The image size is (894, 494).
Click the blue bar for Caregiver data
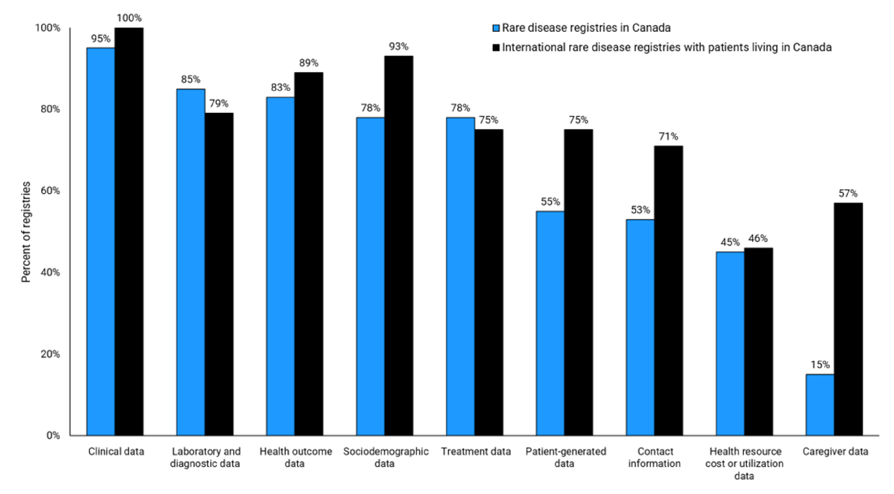(820, 405)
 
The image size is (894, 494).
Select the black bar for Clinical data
(129, 232)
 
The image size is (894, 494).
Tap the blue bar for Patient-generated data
(550, 323)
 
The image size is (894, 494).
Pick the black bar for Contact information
(669, 290)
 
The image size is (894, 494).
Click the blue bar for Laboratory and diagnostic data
(191, 262)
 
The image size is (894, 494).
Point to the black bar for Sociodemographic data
(399, 245)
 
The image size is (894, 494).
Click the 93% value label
(398, 46)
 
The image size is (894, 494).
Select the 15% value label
(820, 364)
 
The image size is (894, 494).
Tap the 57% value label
(848, 193)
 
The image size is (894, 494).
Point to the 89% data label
(308, 63)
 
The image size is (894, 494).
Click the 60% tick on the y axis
(50, 191)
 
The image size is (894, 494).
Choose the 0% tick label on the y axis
(53, 435)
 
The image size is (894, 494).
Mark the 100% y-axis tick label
(48, 28)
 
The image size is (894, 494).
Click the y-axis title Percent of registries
(26, 232)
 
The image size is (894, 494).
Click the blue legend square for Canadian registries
(496, 28)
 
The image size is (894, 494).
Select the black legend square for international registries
(496, 48)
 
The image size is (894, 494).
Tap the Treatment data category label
(476, 452)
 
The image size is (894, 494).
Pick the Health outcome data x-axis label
(296, 457)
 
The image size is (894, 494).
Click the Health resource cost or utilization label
(744, 463)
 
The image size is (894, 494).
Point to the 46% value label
(758, 238)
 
